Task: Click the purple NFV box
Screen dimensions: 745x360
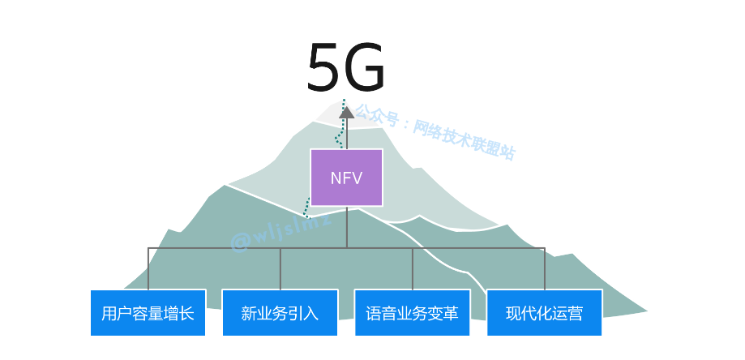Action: [x=346, y=177]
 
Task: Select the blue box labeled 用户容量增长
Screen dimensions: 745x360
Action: [x=148, y=312]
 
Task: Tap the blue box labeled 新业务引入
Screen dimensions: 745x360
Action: [x=280, y=312]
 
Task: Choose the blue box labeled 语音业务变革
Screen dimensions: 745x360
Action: [x=412, y=312]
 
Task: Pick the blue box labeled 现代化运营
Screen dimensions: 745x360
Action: [x=544, y=312]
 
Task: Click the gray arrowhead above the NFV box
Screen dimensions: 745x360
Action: [x=346, y=113]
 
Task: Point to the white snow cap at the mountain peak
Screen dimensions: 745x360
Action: [x=328, y=113]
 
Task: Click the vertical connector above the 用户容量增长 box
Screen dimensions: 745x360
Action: [x=148, y=268]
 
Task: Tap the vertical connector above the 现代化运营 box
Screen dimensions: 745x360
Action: [x=544, y=268]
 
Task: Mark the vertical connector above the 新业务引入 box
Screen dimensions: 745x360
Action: [x=280, y=268]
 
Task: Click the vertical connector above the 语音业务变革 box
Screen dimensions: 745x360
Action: [x=412, y=268]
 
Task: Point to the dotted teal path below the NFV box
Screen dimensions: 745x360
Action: [x=306, y=208]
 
